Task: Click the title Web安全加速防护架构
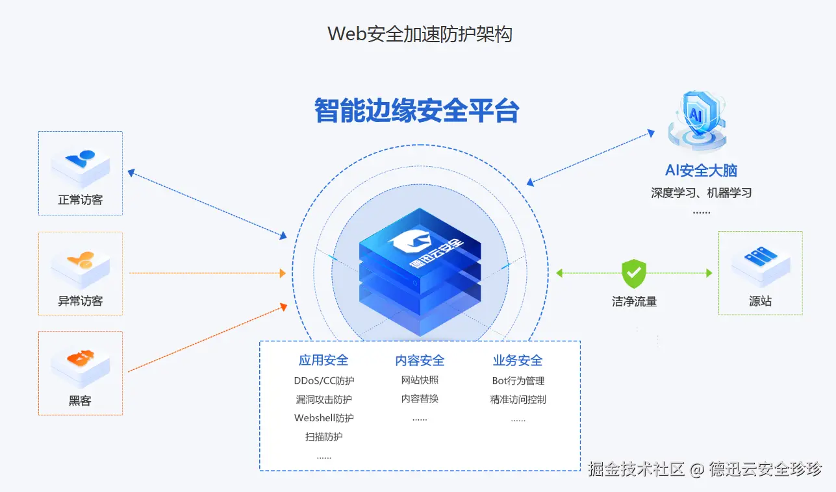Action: (420, 34)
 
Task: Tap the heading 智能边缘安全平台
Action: (416, 110)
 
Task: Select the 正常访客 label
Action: (81, 200)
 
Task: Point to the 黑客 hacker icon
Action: (81, 359)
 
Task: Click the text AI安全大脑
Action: (701, 171)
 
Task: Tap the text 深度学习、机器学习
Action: (701, 193)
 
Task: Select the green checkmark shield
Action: (634, 273)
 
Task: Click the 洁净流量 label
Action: (634, 301)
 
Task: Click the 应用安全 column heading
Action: (323, 360)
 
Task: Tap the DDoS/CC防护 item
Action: (324, 380)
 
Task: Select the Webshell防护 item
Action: (324, 418)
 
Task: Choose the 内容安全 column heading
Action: (420, 360)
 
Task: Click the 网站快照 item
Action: (420, 380)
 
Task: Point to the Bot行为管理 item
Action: (518, 380)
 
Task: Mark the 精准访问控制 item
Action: (518, 399)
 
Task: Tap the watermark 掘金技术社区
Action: (636, 469)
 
